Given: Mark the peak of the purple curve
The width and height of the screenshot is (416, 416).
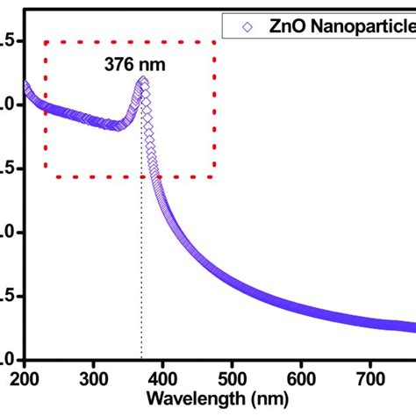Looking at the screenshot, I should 143,82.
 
